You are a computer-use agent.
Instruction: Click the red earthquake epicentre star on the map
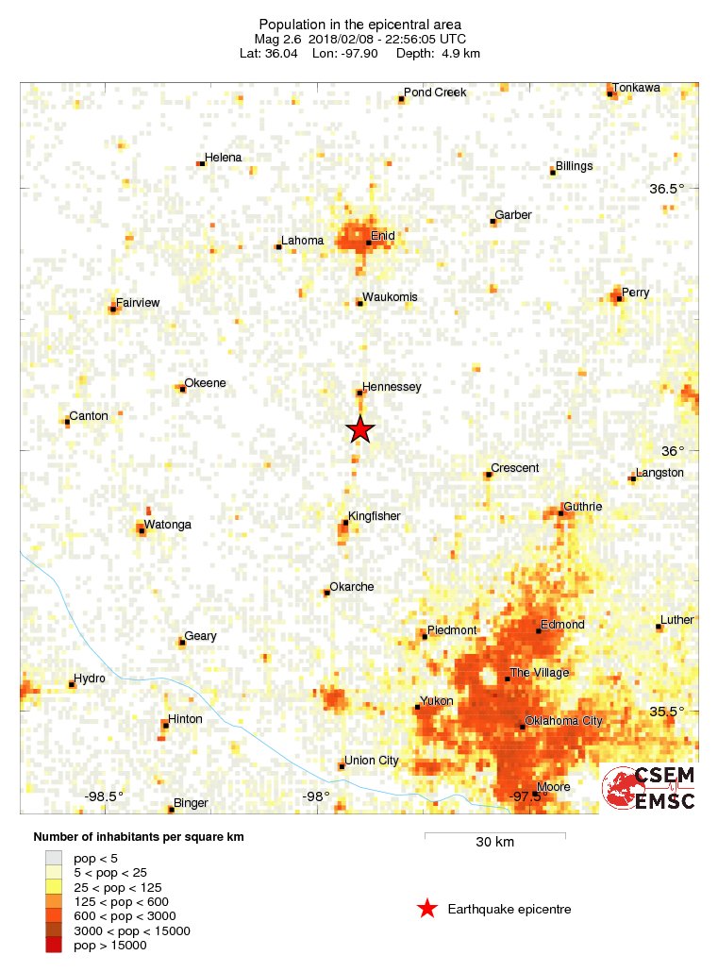tap(359, 429)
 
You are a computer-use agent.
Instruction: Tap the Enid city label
tap(382, 235)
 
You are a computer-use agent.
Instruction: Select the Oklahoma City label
tap(562, 721)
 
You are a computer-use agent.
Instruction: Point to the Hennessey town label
tap(392, 387)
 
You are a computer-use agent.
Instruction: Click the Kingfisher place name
tap(374, 516)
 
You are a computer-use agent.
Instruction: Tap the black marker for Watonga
tap(142, 531)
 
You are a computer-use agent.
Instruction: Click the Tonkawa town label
tap(636, 88)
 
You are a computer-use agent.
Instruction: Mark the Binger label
tap(191, 803)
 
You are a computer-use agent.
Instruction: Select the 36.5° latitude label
tap(666, 189)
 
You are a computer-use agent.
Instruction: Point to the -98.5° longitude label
tap(104, 796)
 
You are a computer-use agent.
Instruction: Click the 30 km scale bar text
tap(494, 842)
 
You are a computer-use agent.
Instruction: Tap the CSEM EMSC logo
tap(650, 787)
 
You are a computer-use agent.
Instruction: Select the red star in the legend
tap(427, 909)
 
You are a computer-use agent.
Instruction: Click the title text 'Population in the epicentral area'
tap(359, 24)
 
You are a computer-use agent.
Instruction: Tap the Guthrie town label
tap(582, 507)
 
